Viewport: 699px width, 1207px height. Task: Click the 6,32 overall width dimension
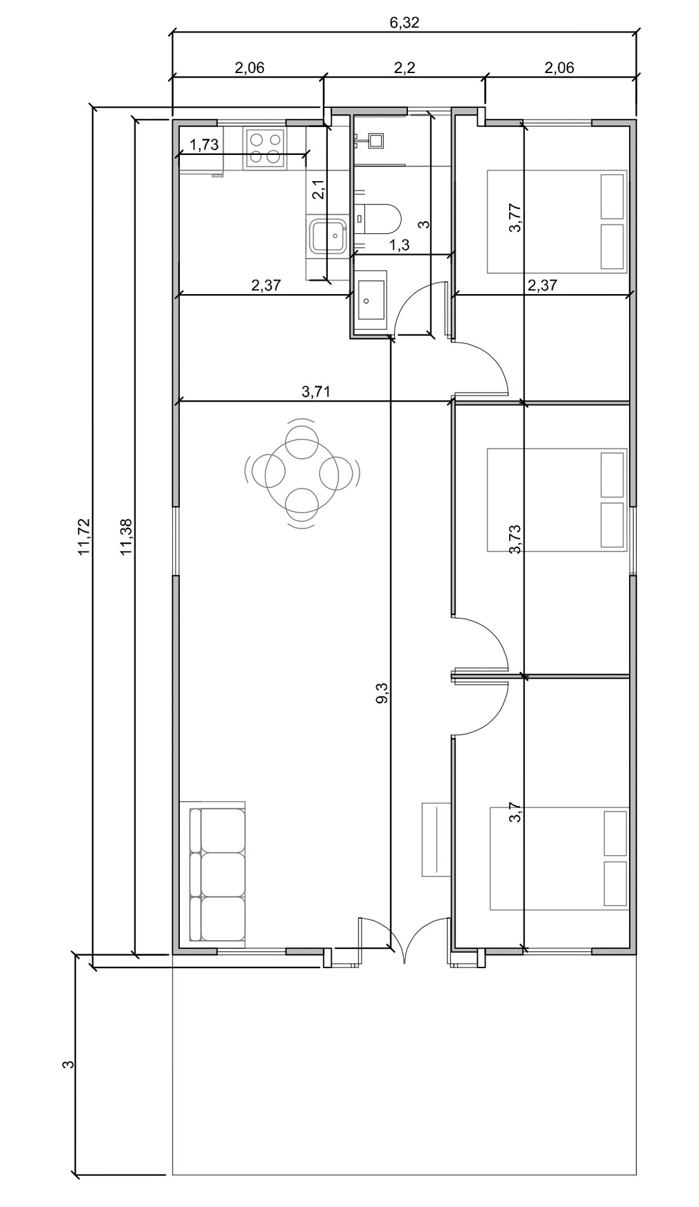[x=404, y=23]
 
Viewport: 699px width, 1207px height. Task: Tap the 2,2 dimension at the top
[x=404, y=68]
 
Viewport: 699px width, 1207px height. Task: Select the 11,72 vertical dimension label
[x=85, y=537]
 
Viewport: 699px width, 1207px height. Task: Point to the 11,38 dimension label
[x=126, y=537]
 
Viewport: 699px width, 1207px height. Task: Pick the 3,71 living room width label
[x=316, y=391]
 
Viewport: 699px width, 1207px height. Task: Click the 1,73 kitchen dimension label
[x=204, y=145]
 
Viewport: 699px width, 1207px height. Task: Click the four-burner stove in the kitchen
[x=264, y=147]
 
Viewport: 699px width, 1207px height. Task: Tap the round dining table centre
[x=302, y=473]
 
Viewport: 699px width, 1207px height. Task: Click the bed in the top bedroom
[x=557, y=221]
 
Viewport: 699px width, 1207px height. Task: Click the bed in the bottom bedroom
[x=559, y=859]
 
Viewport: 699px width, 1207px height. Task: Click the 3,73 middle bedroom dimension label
[x=515, y=539]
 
